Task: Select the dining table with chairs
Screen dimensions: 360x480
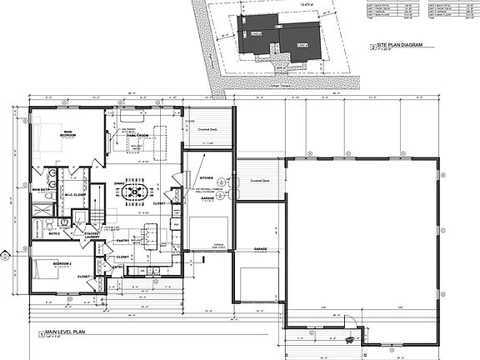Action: click(x=134, y=192)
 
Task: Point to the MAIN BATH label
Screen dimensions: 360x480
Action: click(x=42, y=190)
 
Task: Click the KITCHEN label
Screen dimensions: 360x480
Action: click(x=207, y=177)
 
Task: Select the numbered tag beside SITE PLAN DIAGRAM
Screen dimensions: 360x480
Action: click(x=372, y=47)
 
